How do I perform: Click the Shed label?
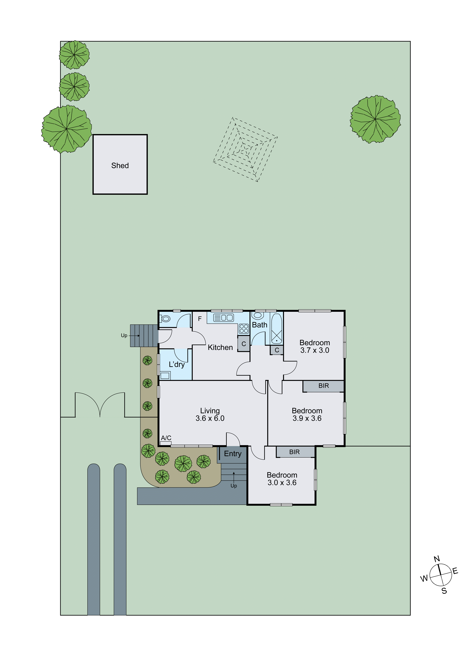point(120,166)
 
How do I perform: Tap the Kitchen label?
point(220,347)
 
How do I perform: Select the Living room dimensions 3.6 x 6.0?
point(210,418)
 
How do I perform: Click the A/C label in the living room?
point(166,438)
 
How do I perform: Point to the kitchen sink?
point(223,318)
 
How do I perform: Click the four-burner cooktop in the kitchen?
point(244,329)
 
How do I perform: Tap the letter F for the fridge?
point(200,319)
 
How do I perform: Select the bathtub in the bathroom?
point(277,329)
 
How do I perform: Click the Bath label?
point(259,325)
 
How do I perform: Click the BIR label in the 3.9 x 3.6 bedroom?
point(323,386)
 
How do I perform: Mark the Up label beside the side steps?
point(124,335)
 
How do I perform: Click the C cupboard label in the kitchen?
point(244,344)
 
